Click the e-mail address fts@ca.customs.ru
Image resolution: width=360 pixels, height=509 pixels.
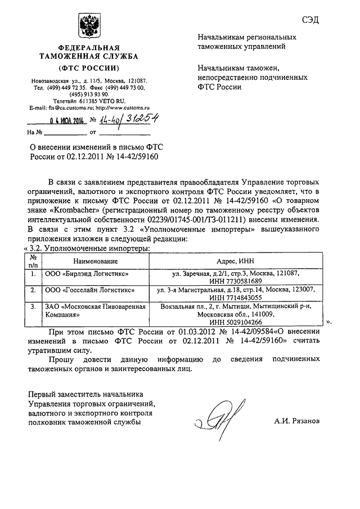coord(70,107)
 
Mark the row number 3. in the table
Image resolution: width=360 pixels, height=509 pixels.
coord(34,307)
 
